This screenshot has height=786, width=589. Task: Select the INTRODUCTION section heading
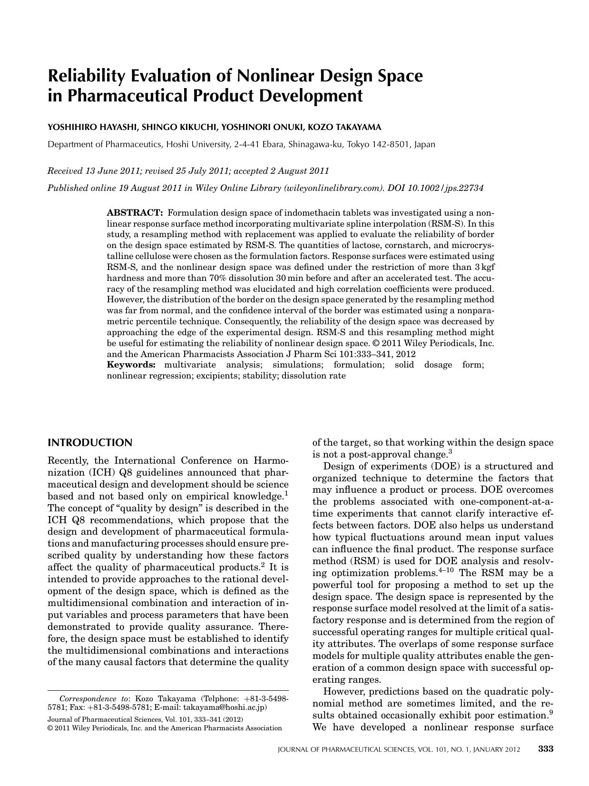tap(90, 443)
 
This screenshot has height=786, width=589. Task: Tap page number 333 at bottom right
tap(545, 749)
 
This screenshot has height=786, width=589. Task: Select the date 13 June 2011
tap(105, 171)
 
